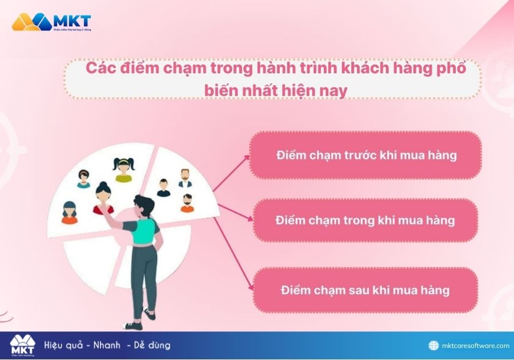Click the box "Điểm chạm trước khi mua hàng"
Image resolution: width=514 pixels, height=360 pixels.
366,155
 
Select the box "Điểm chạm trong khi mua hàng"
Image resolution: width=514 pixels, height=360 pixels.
366,221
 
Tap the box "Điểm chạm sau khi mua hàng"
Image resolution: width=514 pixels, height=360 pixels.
366,290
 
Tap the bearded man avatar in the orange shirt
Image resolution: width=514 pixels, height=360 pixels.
187,203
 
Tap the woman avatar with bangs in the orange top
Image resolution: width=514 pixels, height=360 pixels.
70,213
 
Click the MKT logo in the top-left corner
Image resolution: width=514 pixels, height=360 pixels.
51,22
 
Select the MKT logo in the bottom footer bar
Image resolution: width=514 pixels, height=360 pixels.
22,345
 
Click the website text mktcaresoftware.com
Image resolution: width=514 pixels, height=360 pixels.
476,346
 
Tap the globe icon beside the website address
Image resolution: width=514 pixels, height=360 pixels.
435,346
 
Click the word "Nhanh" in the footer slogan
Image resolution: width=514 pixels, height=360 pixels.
103,345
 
